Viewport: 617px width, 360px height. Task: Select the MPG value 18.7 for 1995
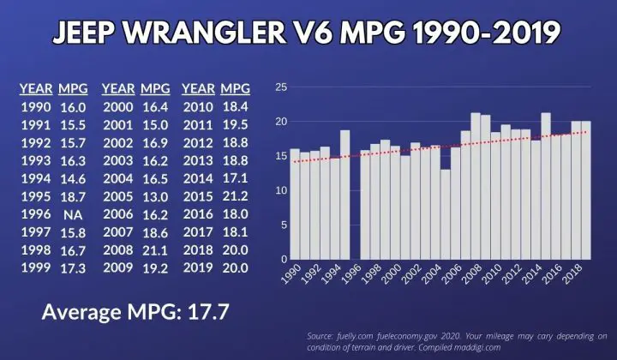pyautogui.click(x=74, y=196)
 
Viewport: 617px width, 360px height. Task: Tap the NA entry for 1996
pyautogui.click(x=74, y=214)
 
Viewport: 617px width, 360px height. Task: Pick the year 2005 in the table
pyautogui.click(x=117, y=196)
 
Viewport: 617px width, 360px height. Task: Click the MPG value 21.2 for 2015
pyautogui.click(x=236, y=196)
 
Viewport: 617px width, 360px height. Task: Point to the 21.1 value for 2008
pyautogui.click(x=155, y=249)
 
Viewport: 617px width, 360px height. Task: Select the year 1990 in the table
pyautogui.click(x=35, y=107)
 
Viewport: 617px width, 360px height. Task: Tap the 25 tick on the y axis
pyautogui.click(x=280, y=87)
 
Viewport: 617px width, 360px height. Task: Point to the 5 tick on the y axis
pyautogui.click(x=284, y=225)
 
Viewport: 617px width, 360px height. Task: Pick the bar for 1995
pyautogui.click(x=344, y=195)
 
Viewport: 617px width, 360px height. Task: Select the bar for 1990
pyautogui.click(x=295, y=204)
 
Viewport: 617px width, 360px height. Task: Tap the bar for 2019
pyautogui.click(x=585, y=190)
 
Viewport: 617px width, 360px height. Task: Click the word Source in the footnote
pyautogui.click(x=321, y=334)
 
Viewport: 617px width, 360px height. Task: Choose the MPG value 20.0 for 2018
pyautogui.click(x=236, y=249)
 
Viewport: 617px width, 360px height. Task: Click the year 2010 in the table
pyautogui.click(x=198, y=107)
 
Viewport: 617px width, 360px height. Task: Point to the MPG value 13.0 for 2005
pyautogui.click(x=155, y=196)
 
